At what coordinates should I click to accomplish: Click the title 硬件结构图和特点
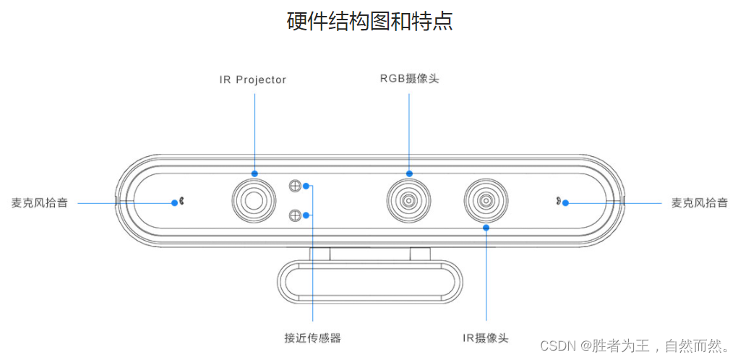tap(369, 21)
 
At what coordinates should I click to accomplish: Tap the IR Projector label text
tap(253, 80)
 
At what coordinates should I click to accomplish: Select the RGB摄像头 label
tap(409, 78)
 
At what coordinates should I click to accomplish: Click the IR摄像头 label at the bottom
tap(486, 338)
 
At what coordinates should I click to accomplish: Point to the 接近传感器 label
tap(312, 337)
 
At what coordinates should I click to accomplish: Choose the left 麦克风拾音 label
tap(40, 202)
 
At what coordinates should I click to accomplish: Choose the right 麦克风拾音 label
tap(699, 202)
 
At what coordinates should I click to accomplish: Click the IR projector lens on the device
tap(254, 200)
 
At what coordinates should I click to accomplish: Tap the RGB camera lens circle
tap(409, 200)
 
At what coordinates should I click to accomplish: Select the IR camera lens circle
tap(486, 200)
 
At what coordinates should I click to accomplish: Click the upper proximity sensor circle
tap(294, 186)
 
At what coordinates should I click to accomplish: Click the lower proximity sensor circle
tap(294, 214)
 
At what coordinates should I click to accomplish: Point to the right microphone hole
tap(558, 202)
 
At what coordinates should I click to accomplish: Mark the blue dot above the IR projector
tap(254, 173)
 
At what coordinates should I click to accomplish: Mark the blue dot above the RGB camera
tap(409, 173)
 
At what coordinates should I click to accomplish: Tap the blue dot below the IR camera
tap(486, 228)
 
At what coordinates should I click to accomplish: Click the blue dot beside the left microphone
tap(174, 202)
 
